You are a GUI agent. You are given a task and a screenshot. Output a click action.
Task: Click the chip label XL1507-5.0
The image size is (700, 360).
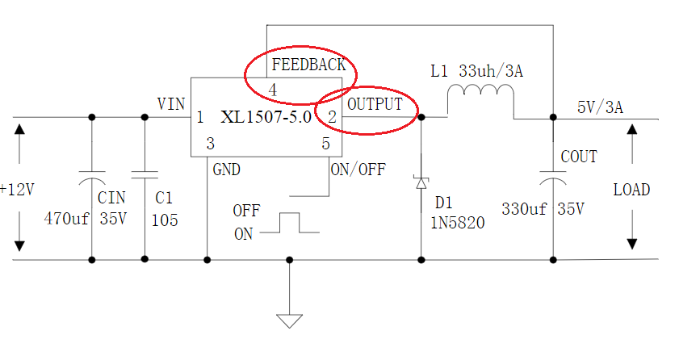(x=266, y=117)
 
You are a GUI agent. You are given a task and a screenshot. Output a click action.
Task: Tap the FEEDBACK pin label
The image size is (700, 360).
(x=308, y=65)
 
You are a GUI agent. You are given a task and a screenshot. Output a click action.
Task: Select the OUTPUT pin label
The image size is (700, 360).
(x=375, y=104)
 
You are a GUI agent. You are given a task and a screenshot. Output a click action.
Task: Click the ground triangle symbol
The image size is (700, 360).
(x=289, y=321)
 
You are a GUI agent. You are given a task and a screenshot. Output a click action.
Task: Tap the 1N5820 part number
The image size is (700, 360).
(x=458, y=223)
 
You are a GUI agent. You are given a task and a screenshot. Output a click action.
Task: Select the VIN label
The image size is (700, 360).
(x=171, y=104)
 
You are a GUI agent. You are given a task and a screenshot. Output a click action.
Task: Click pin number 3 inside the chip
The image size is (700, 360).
(x=210, y=144)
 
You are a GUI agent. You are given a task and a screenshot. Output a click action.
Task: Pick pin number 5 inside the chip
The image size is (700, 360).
(x=326, y=144)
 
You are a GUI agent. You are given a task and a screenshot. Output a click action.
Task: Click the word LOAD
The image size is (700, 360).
(x=631, y=190)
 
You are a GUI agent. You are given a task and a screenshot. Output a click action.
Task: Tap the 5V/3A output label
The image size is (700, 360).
(x=600, y=107)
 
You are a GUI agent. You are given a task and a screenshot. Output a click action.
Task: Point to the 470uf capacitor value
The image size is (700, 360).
(x=66, y=219)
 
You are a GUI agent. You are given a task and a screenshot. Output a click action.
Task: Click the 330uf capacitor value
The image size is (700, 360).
(x=524, y=209)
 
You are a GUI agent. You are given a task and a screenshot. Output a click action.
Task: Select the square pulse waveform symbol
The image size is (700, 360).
(x=289, y=223)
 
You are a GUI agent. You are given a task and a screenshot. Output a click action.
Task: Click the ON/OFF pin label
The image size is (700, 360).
(x=358, y=170)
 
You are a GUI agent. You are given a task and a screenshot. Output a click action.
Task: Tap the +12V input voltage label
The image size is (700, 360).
(x=17, y=190)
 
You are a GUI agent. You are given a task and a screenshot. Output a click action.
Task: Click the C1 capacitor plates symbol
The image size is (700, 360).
(x=145, y=174)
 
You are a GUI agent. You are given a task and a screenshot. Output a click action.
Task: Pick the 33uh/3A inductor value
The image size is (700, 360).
(x=491, y=71)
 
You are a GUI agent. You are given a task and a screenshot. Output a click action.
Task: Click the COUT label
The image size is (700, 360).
(x=579, y=157)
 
